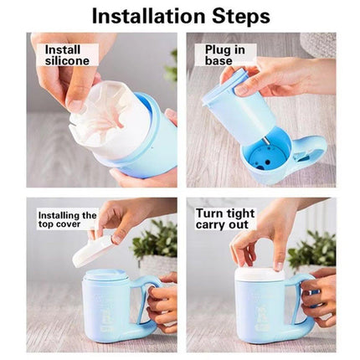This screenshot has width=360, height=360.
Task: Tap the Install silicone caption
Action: pos(67,55)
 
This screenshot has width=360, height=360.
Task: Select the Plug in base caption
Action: pos(224,55)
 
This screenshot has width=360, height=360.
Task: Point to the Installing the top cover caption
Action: pos(67,220)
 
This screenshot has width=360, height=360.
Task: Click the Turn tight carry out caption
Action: pos(225,219)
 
